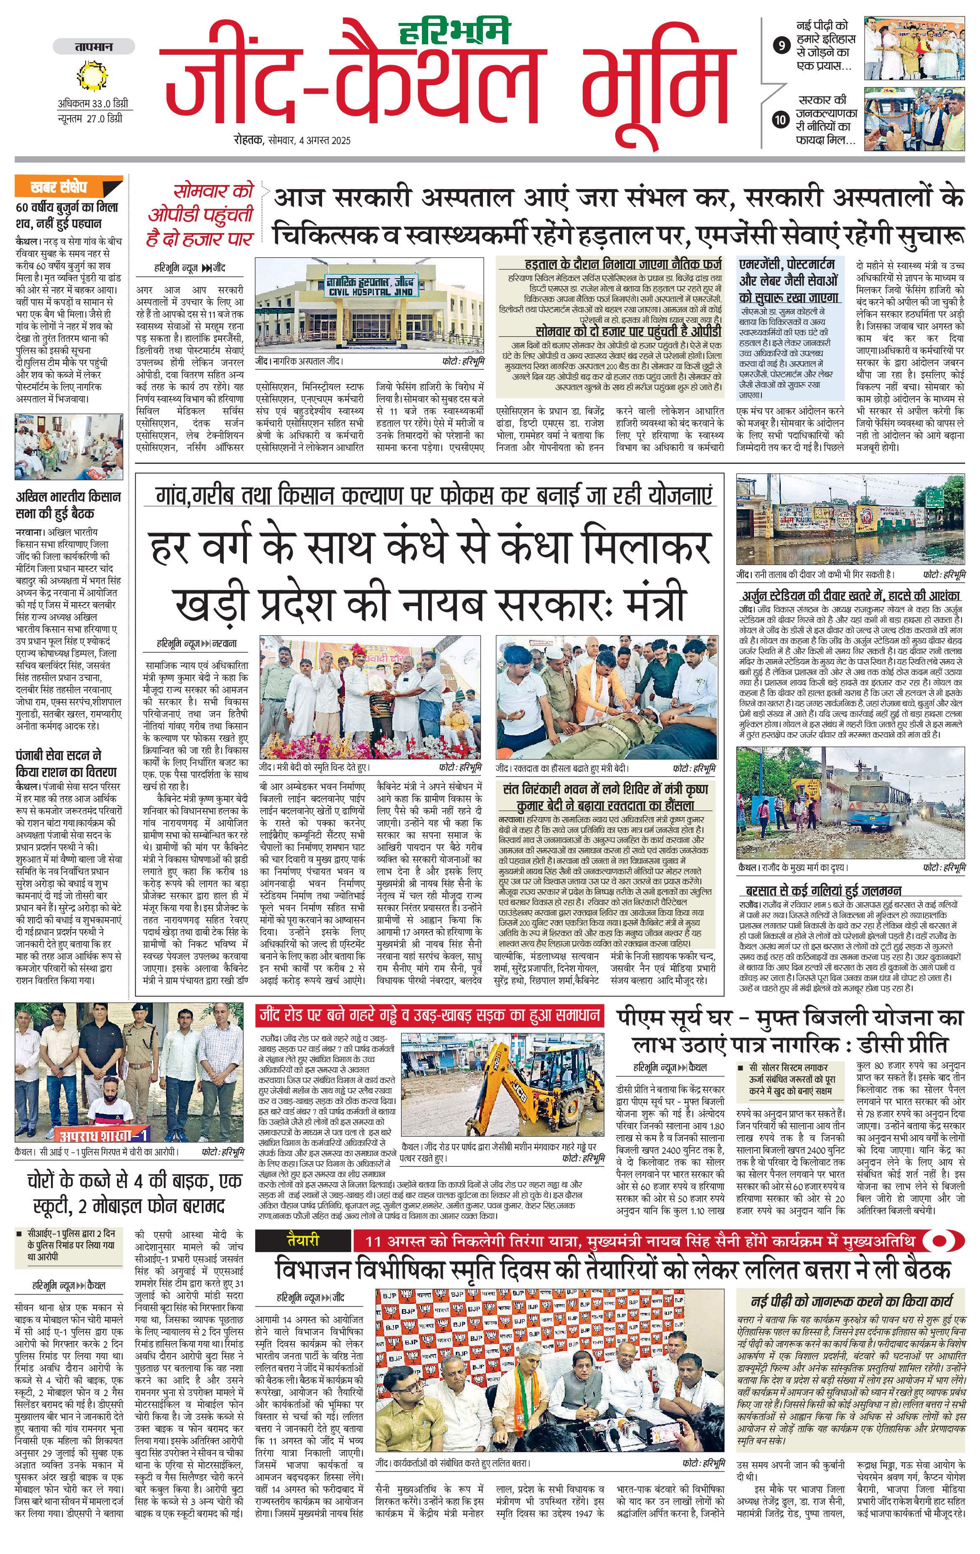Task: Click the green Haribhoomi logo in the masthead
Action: point(454,31)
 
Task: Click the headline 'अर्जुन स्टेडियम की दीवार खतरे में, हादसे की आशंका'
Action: point(851,596)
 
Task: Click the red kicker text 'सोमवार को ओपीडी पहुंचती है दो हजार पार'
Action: point(200,215)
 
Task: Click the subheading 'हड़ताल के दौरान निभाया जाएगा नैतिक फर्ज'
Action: point(623,264)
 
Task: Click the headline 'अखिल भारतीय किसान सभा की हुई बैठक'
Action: point(69,505)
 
